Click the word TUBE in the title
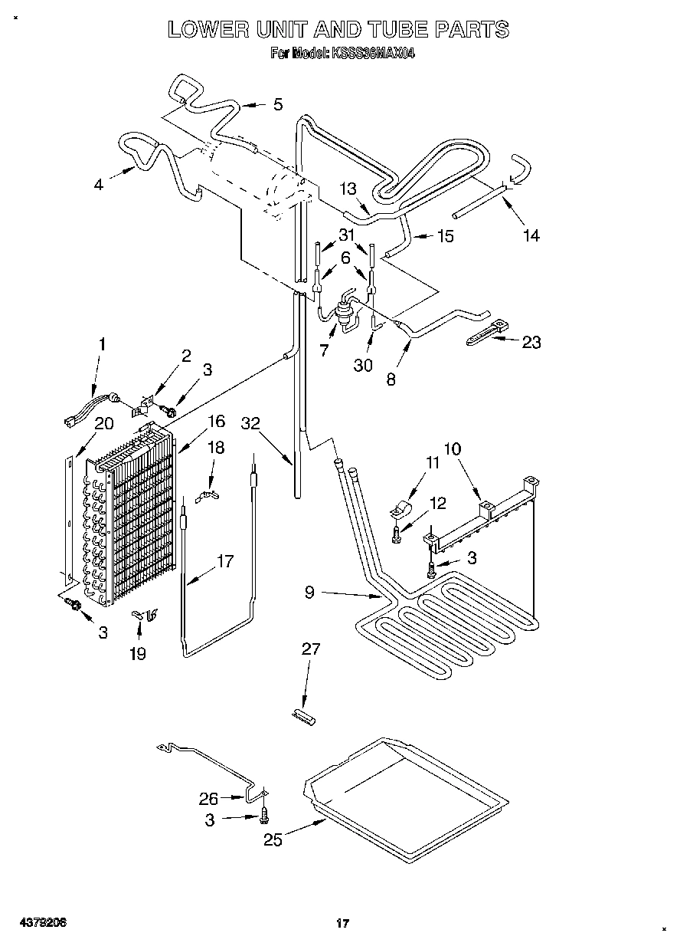[x=391, y=29]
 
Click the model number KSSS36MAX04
[x=373, y=54]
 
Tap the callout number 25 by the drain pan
[x=273, y=839]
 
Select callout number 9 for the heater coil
[x=309, y=592]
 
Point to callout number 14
[x=531, y=235]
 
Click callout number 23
[x=531, y=342]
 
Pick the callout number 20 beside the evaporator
[x=103, y=422]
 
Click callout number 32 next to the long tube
[x=251, y=423]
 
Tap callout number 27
[x=311, y=649]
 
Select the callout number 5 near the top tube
[x=277, y=104]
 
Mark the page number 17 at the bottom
[x=342, y=924]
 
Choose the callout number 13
[x=348, y=189]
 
